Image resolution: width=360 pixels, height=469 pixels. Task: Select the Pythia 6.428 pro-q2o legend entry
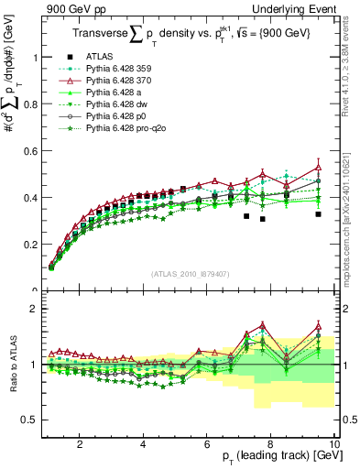(132, 131)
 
